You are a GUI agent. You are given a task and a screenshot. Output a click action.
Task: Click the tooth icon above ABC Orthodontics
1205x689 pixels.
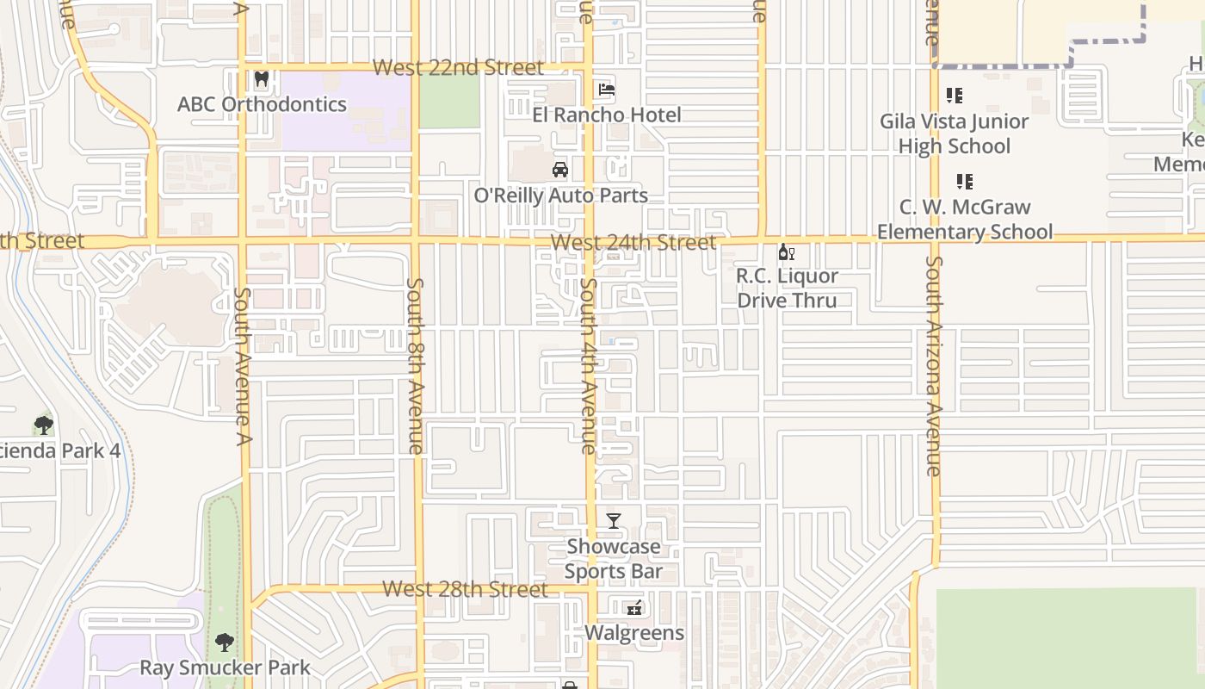[262, 80]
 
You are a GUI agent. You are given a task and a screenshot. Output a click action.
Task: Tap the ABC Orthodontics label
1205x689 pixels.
[262, 104]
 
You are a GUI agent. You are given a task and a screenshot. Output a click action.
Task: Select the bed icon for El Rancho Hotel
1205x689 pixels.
[607, 90]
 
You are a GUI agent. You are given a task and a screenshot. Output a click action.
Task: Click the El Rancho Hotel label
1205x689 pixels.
[607, 115]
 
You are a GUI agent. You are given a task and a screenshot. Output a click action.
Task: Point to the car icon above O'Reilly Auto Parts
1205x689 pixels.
[560, 170]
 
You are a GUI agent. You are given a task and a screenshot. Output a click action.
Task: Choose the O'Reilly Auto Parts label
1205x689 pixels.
[561, 196]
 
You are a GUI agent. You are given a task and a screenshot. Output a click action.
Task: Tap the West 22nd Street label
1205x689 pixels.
[459, 68]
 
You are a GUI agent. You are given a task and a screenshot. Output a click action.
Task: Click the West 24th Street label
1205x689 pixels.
[633, 243]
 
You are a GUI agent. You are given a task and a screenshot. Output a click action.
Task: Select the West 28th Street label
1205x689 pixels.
[465, 589]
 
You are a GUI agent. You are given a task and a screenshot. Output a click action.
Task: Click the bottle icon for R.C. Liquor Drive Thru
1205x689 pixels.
[786, 251]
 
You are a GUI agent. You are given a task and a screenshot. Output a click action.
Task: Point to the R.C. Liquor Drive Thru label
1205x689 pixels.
[787, 288]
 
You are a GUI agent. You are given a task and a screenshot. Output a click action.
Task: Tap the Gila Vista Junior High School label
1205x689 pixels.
[954, 133]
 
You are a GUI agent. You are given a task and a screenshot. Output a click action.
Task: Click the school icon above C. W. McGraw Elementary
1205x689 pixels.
[965, 182]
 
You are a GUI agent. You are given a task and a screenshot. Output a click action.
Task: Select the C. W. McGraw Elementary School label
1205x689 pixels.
[965, 220]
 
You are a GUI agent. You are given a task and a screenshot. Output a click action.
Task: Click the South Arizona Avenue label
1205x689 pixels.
[934, 366]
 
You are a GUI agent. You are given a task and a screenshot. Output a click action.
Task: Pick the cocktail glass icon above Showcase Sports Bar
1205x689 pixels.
[614, 521]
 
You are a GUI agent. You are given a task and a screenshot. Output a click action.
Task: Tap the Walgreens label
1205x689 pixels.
[634, 633]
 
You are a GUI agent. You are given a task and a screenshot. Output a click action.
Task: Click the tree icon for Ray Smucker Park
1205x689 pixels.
[225, 642]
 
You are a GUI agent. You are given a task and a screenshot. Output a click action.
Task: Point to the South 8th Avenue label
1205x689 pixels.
[415, 365]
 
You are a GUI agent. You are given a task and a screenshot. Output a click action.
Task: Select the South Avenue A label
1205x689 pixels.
[243, 366]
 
